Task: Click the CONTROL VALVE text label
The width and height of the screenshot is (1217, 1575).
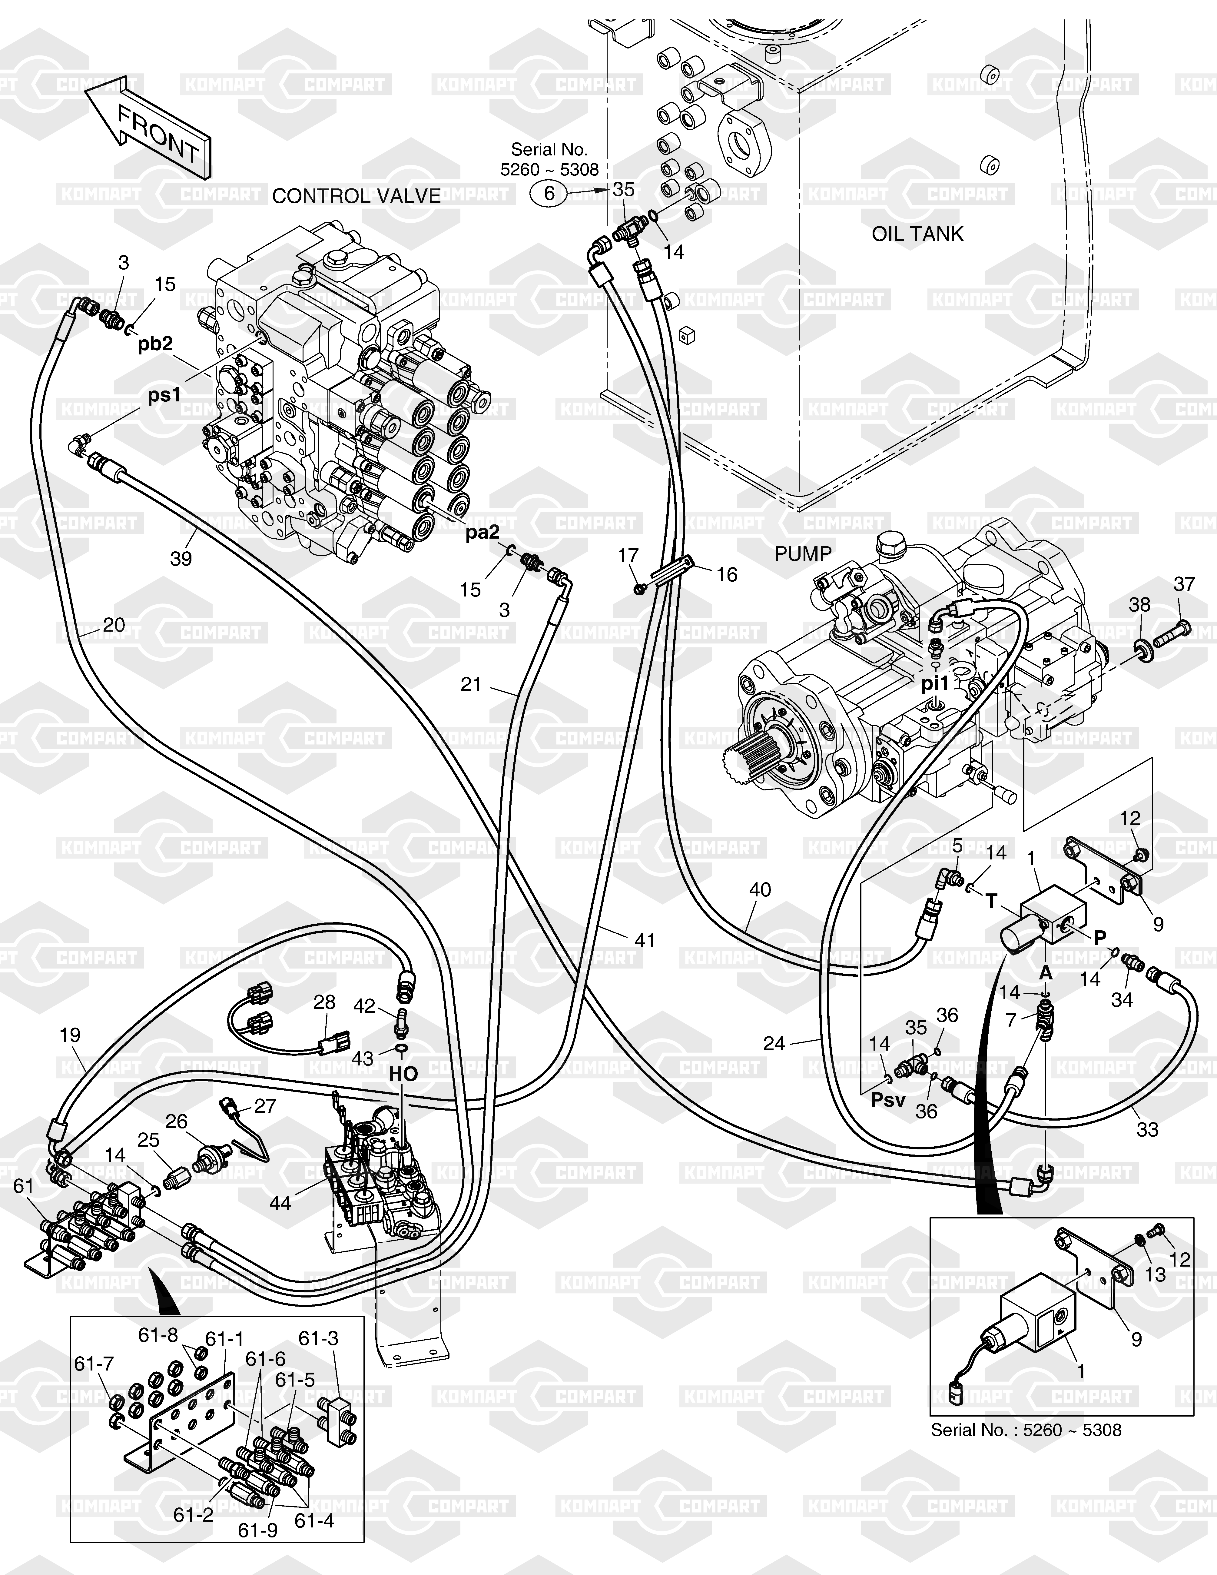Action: [356, 196]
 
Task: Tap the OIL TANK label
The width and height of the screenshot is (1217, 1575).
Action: [917, 234]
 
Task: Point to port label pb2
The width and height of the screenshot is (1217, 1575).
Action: [156, 344]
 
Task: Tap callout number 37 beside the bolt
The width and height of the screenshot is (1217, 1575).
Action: [1185, 584]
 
